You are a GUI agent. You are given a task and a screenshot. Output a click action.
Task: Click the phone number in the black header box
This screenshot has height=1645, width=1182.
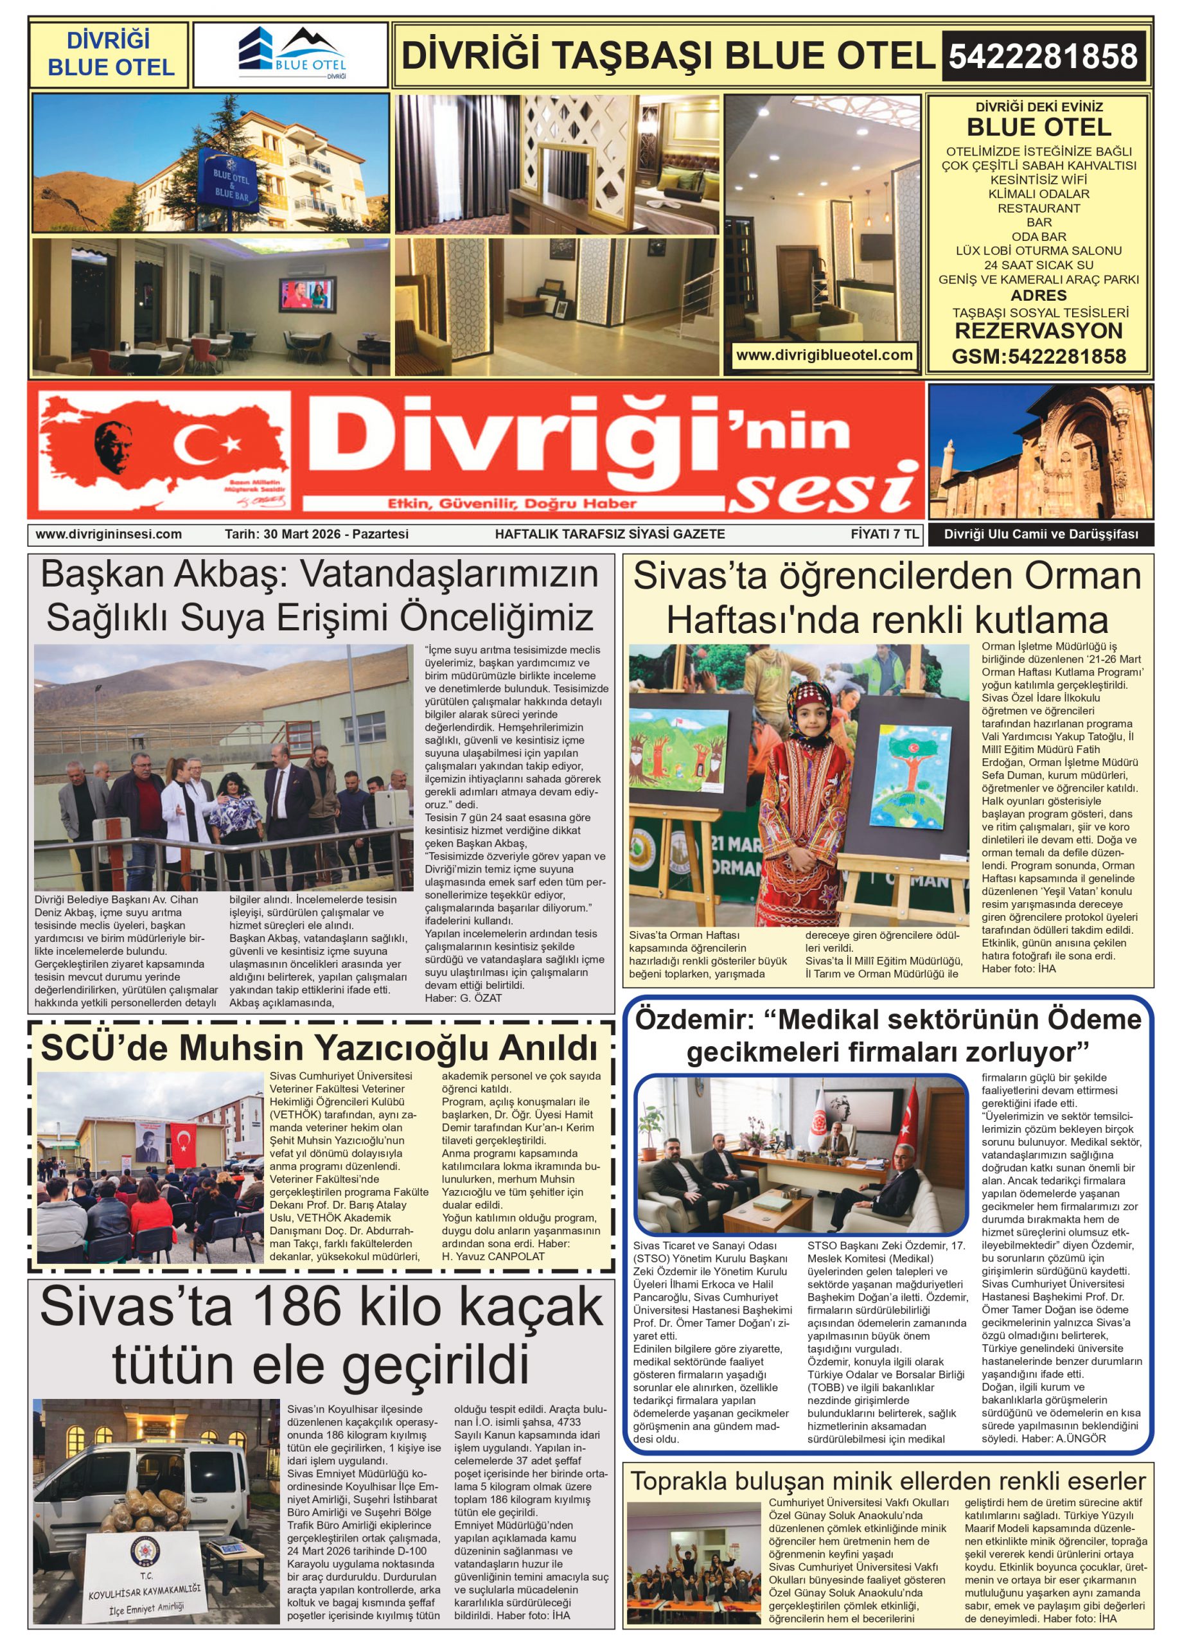(x=1043, y=56)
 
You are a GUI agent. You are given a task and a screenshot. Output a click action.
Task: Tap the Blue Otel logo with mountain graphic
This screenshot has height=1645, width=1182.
(x=292, y=55)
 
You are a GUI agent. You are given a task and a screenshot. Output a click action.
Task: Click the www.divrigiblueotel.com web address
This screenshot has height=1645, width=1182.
(x=824, y=355)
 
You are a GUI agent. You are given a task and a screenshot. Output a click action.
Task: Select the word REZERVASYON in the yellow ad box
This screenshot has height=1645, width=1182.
(x=1038, y=332)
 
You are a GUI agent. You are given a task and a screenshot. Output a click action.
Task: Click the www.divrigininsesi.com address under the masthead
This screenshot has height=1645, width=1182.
(x=109, y=535)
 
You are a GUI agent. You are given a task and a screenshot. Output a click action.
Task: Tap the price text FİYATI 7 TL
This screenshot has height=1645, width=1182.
(x=885, y=535)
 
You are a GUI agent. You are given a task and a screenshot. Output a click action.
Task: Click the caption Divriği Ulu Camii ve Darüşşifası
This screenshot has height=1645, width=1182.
(x=1041, y=535)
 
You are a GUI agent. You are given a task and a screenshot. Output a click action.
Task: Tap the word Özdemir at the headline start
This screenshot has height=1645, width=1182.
(x=694, y=1020)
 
